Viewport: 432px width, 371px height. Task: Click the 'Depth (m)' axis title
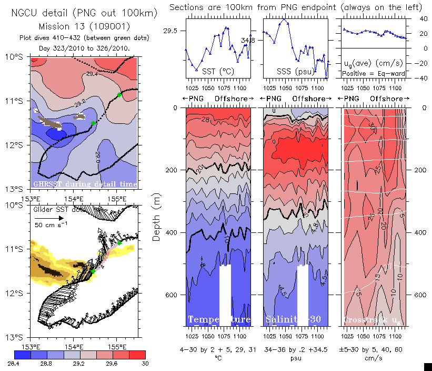click(x=156, y=217)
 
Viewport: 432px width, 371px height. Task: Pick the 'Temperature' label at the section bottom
click(x=218, y=320)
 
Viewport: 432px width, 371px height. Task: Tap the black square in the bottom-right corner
click(x=428, y=366)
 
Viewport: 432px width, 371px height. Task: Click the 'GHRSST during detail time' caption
click(x=85, y=184)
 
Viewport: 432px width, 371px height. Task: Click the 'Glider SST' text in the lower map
click(x=50, y=209)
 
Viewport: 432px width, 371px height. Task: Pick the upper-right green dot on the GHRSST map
click(x=120, y=95)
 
